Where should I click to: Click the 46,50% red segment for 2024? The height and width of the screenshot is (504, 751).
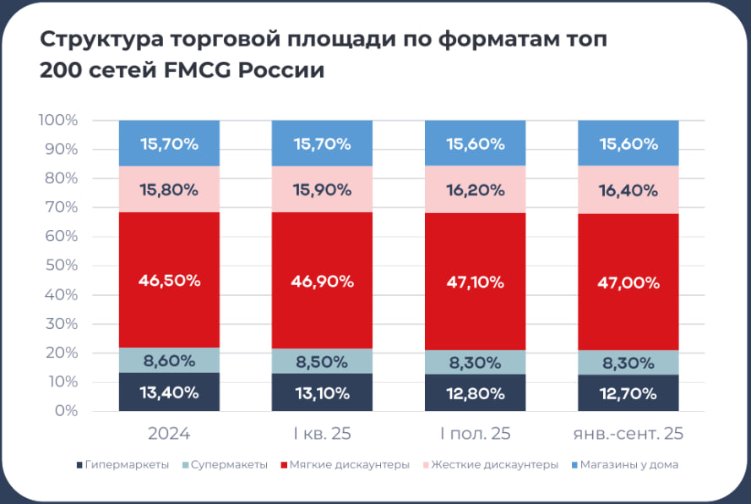click(x=169, y=281)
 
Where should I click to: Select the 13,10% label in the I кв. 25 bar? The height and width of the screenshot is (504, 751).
click(x=322, y=393)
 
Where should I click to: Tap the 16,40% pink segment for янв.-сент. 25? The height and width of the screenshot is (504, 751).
click(x=628, y=190)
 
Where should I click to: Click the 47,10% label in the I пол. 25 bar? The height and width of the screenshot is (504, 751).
click(x=475, y=281)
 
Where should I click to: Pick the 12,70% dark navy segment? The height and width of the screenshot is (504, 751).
click(x=628, y=393)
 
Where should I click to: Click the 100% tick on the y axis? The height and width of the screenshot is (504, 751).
click(x=58, y=121)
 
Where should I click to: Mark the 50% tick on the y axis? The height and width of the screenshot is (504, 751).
click(x=62, y=266)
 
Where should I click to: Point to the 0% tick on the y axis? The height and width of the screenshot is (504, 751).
click(x=67, y=411)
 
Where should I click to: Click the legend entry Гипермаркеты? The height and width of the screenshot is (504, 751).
click(x=128, y=465)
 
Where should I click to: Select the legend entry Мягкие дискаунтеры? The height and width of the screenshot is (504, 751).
click(x=349, y=465)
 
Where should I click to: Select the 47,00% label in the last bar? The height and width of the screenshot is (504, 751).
click(x=628, y=282)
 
